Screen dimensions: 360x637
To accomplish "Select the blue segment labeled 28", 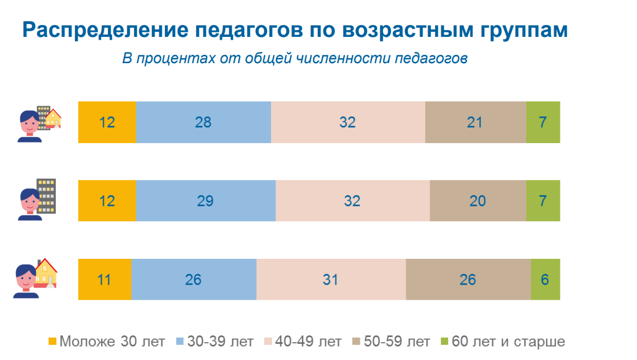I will coord(203,122).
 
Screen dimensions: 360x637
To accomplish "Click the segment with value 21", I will coord(475,122).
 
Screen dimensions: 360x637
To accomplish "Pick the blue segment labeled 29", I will coord(206,201).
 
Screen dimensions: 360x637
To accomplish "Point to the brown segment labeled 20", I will coord(478,201).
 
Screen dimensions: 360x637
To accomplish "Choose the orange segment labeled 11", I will coord(104,280).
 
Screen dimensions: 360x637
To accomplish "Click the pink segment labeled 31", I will coord(331,280).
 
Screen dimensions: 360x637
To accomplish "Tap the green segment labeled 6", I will coord(545,280).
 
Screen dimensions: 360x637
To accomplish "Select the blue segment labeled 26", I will coord(193,280).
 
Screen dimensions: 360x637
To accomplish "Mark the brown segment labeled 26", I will coord(468,280).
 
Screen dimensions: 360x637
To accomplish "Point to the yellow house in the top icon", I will coord(54,119).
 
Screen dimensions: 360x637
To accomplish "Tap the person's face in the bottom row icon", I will coord(26,279).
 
